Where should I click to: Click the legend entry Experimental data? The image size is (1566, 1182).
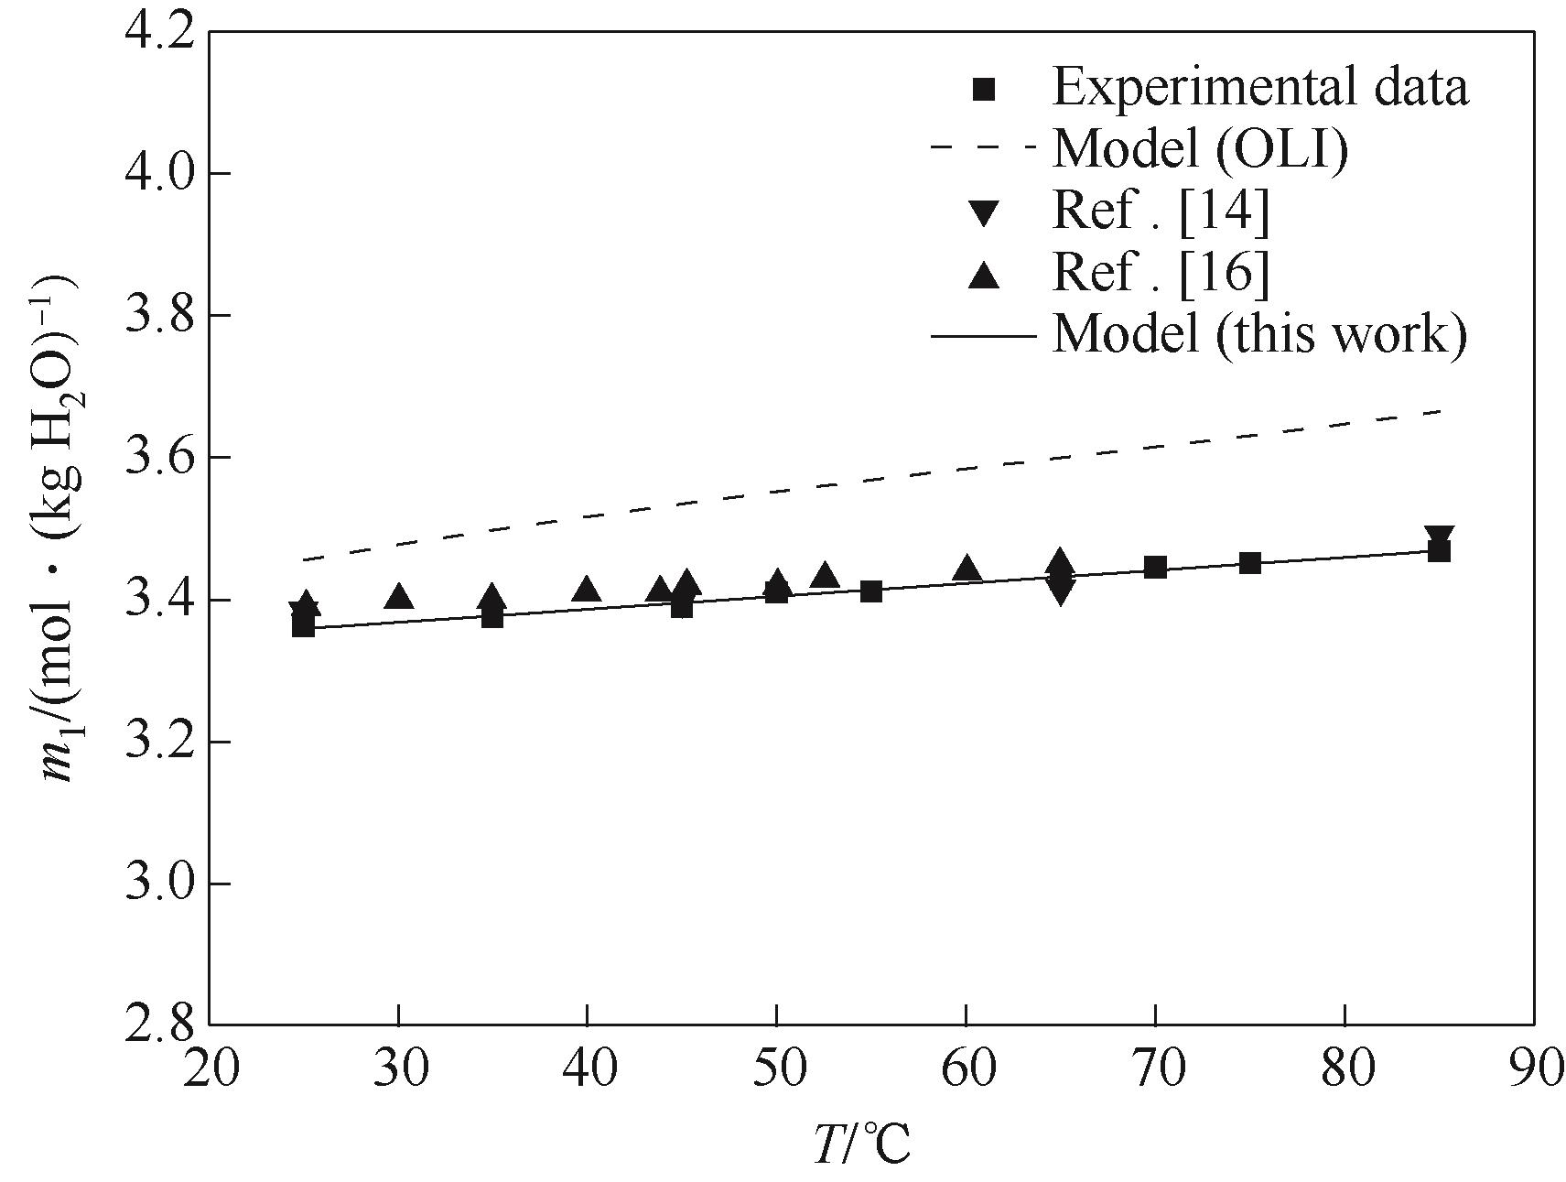point(1260,88)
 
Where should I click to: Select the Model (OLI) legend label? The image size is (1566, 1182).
point(1200,148)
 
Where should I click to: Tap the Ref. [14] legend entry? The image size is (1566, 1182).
point(1161,211)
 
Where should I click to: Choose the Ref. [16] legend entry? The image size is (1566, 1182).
point(1161,272)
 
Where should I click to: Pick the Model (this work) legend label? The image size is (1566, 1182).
point(1260,334)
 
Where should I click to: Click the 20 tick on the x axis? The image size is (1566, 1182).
point(211,1069)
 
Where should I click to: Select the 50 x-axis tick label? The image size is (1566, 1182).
point(777,1069)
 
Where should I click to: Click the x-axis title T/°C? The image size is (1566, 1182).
point(862,1144)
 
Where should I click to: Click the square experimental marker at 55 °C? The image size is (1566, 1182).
point(871,591)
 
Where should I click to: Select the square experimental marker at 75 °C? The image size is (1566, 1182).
point(1250,563)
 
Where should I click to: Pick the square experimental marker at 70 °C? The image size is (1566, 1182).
point(1155,568)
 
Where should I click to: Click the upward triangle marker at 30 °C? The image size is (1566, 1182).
point(399,597)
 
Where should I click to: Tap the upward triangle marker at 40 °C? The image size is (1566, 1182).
point(588,590)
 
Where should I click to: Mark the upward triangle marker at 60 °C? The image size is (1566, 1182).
point(967,569)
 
